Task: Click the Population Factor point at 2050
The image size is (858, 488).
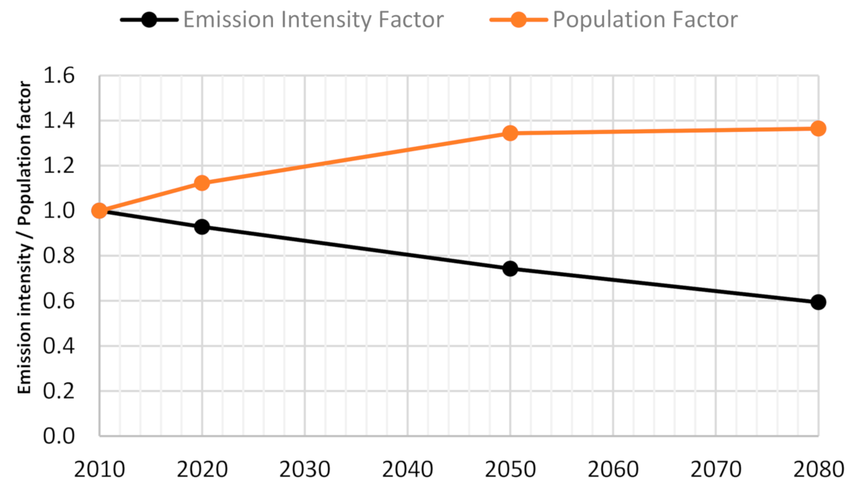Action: click(510, 133)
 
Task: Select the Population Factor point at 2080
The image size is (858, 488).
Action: click(818, 128)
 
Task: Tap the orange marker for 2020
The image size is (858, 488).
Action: click(202, 183)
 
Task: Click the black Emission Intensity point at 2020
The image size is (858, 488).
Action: click(202, 226)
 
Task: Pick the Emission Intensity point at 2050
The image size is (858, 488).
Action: click(510, 269)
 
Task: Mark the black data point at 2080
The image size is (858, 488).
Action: click(818, 302)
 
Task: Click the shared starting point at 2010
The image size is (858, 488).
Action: click(100, 211)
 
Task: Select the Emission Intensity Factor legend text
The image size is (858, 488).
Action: click(313, 19)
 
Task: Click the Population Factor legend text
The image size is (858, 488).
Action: click(645, 19)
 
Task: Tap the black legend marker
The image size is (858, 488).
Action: click(148, 19)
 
